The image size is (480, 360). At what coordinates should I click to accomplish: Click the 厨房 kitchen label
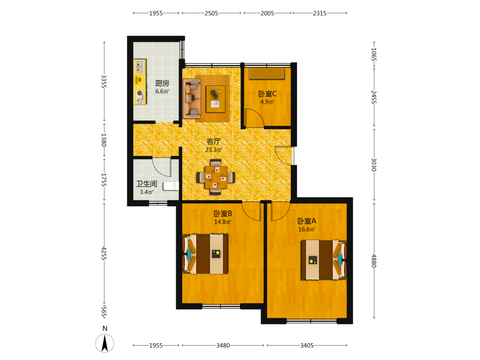pos(162,83)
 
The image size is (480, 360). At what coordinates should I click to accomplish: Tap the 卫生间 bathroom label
pos(146,184)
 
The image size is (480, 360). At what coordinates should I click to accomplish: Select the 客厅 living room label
pos(214,142)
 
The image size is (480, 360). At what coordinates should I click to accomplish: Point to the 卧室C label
pos(267,94)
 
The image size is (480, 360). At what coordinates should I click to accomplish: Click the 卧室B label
pos(223,214)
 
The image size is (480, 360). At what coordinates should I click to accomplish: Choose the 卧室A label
pos(307,221)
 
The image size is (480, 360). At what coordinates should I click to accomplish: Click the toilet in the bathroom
pos(171,186)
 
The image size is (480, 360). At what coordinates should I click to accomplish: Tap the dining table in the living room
pos(216,177)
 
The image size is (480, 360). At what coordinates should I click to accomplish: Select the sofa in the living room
pos(192,98)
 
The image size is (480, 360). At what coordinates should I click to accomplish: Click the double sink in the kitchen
pos(140,67)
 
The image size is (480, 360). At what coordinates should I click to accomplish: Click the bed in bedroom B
pos(205,254)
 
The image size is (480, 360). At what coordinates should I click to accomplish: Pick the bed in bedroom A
pos(324,260)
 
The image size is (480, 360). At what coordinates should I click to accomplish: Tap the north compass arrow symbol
pos(105,343)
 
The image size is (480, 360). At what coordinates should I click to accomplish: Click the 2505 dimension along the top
pos(211,13)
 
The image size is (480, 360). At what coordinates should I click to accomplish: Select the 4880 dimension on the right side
pos(374,261)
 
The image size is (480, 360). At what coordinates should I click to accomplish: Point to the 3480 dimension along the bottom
pos(223,345)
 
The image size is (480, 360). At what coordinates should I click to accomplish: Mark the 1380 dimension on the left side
pos(104,140)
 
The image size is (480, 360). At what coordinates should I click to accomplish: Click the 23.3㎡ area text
pos(214,150)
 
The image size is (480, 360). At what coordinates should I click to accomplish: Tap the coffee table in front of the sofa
pos(216,99)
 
